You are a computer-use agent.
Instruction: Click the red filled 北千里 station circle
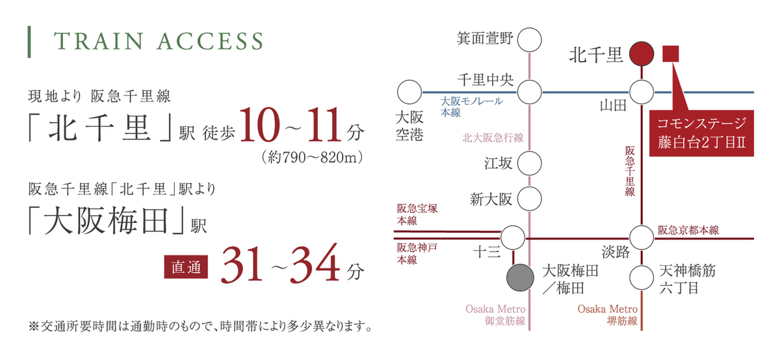pos(642,54)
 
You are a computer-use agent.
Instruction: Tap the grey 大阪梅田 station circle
pos(520,278)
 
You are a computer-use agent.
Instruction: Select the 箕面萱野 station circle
pos(529,40)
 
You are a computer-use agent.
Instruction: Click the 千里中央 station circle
pos(529,92)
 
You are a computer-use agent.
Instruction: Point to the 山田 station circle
pos(642,92)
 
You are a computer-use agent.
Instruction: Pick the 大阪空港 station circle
pos(409,92)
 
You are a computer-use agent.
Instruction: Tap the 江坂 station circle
pos(529,163)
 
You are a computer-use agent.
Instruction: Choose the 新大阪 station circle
pos(529,199)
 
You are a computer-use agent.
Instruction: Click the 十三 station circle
pos(513,238)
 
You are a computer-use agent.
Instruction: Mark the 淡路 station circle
pos(642,238)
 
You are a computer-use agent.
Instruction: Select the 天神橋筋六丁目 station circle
pos(642,278)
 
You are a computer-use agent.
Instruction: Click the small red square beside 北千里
pos(671,54)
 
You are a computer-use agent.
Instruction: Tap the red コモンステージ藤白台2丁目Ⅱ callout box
pos(701,133)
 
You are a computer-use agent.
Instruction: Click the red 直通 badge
pos(186,267)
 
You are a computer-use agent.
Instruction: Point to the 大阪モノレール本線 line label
pos(471,107)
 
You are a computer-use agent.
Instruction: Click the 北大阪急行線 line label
pos(493,138)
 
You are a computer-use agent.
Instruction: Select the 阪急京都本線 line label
pos(688,230)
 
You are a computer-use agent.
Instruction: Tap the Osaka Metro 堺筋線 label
pos(608,315)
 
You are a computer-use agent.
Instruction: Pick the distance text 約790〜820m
pos(313,158)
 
